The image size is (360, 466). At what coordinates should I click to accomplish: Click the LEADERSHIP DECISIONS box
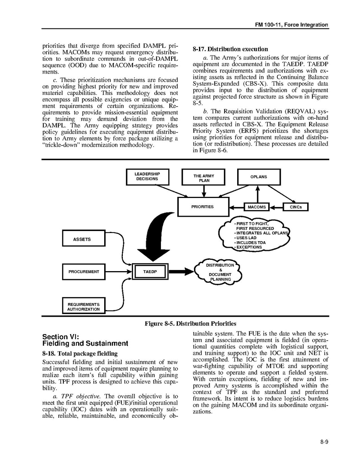pyautogui.click(x=147, y=177)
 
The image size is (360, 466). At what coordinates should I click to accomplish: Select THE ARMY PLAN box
pyautogui.click(x=203, y=178)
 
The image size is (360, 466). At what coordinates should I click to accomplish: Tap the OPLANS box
pyautogui.click(x=259, y=177)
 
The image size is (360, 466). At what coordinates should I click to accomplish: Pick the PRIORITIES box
pyautogui.click(x=203, y=207)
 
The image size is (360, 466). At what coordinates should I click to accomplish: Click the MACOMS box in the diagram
pyautogui.click(x=257, y=207)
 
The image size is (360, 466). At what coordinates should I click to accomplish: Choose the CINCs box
pyautogui.click(x=295, y=207)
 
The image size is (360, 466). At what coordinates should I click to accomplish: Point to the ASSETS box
pyautogui.click(x=83, y=238)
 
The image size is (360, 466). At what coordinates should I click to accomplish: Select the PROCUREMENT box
pyautogui.click(x=84, y=272)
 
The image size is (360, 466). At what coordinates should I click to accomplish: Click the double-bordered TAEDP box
pyautogui.click(x=150, y=272)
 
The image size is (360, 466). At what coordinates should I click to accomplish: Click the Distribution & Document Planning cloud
pyautogui.click(x=220, y=272)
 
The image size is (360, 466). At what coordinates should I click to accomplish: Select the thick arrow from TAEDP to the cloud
pyautogui.click(x=181, y=272)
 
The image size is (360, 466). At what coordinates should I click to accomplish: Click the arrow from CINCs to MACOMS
pyautogui.click(x=275, y=207)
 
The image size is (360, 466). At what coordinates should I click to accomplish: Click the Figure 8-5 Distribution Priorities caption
pyautogui.click(x=190, y=324)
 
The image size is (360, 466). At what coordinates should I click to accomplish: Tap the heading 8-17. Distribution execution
pyautogui.click(x=230, y=49)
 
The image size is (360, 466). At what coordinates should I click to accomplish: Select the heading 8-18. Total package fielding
pyautogui.click(x=79, y=354)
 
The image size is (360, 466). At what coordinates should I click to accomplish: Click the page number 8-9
pyautogui.click(x=324, y=441)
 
